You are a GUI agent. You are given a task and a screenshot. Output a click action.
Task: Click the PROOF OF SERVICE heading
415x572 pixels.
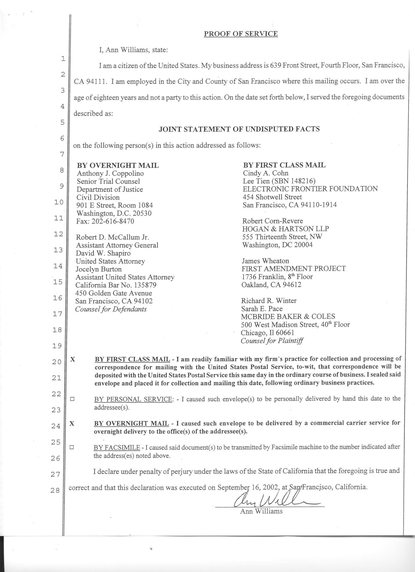(241, 34)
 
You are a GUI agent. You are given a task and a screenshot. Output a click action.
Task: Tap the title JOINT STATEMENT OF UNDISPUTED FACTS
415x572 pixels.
(239, 129)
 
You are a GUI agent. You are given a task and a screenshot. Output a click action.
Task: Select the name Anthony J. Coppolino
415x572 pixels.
(110, 174)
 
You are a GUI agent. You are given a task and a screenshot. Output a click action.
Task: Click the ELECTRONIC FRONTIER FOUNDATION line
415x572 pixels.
(310, 189)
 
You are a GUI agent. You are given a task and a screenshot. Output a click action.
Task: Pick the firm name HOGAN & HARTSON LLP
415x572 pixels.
(286, 229)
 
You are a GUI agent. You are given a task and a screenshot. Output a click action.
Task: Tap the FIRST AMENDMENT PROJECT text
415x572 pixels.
(294, 269)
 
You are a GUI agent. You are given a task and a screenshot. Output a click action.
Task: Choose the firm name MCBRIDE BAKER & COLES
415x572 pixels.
(288, 316)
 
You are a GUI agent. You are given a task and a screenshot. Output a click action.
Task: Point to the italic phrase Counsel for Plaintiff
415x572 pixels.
(272, 341)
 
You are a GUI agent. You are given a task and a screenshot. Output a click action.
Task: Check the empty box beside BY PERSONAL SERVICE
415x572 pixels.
(72, 399)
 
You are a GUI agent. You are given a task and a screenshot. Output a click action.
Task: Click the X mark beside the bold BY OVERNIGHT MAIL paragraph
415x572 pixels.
(72, 424)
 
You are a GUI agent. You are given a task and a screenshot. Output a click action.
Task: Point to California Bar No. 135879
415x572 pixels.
(116, 285)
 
